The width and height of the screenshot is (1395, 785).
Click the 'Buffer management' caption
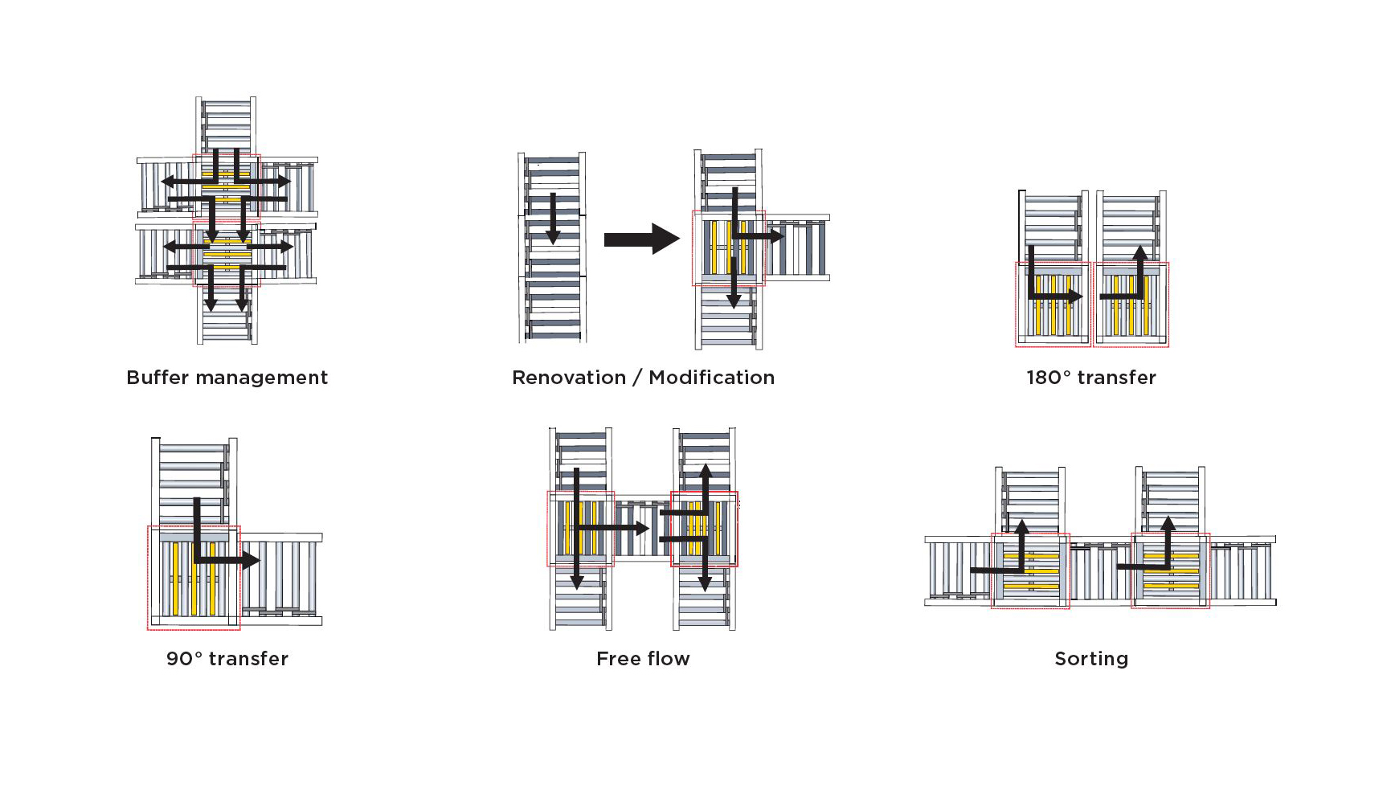pyautogui.click(x=227, y=378)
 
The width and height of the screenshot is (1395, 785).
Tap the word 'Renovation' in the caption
pyautogui.click(x=569, y=378)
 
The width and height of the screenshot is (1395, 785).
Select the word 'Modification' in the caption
pyautogui.click(x=712, y=378)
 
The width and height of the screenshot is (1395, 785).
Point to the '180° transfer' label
pyautogui.click(x=1091, y=378)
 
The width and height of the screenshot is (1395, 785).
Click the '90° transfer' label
pyautogui.click(x=227, y=659)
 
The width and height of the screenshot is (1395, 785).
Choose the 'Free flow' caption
pyautogui.click(x=643, y=659)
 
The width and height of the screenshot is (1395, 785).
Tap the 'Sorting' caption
pyautogui.click(x=1091, y=660)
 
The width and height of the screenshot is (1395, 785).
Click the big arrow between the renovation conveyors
pyautogui.click(x=642, y=239)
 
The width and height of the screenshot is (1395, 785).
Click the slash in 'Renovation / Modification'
pyautogui.click(x=637, y=378)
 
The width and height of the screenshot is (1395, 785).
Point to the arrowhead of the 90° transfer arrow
pyautogui.click(x=251, y=560)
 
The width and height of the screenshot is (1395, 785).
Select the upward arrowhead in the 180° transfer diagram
pyautogui.click(x=1140, y=252)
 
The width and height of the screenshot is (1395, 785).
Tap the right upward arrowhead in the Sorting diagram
pyautogui.click(x=1168, y=524)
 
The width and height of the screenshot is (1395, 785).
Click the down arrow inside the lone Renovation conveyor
pyautogui.click(x=553, y=219)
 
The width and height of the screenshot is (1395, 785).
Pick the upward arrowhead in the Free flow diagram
pyautogui.click(x=705, y=471)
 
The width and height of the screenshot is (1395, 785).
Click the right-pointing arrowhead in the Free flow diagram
pyautogui.click(x=642, y=528)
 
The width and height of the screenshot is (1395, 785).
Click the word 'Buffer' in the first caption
pyautogui.click(x=157, y=378)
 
